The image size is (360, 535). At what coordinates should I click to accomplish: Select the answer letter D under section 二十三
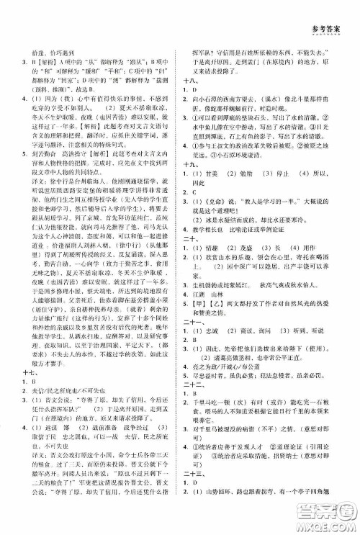click(x=194, y=513)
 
